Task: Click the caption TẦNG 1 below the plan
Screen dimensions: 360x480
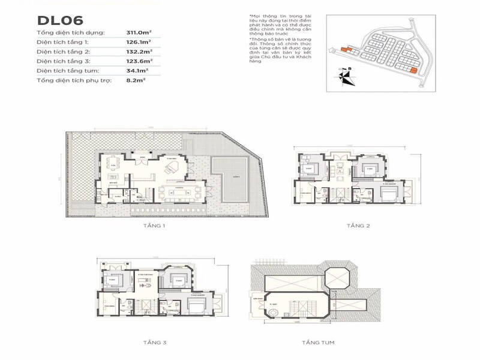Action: (155, 226)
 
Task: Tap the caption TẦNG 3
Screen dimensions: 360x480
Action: (155, 343)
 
